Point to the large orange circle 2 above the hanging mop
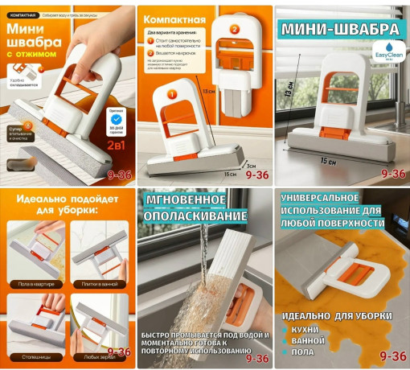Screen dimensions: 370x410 (235, 30)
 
